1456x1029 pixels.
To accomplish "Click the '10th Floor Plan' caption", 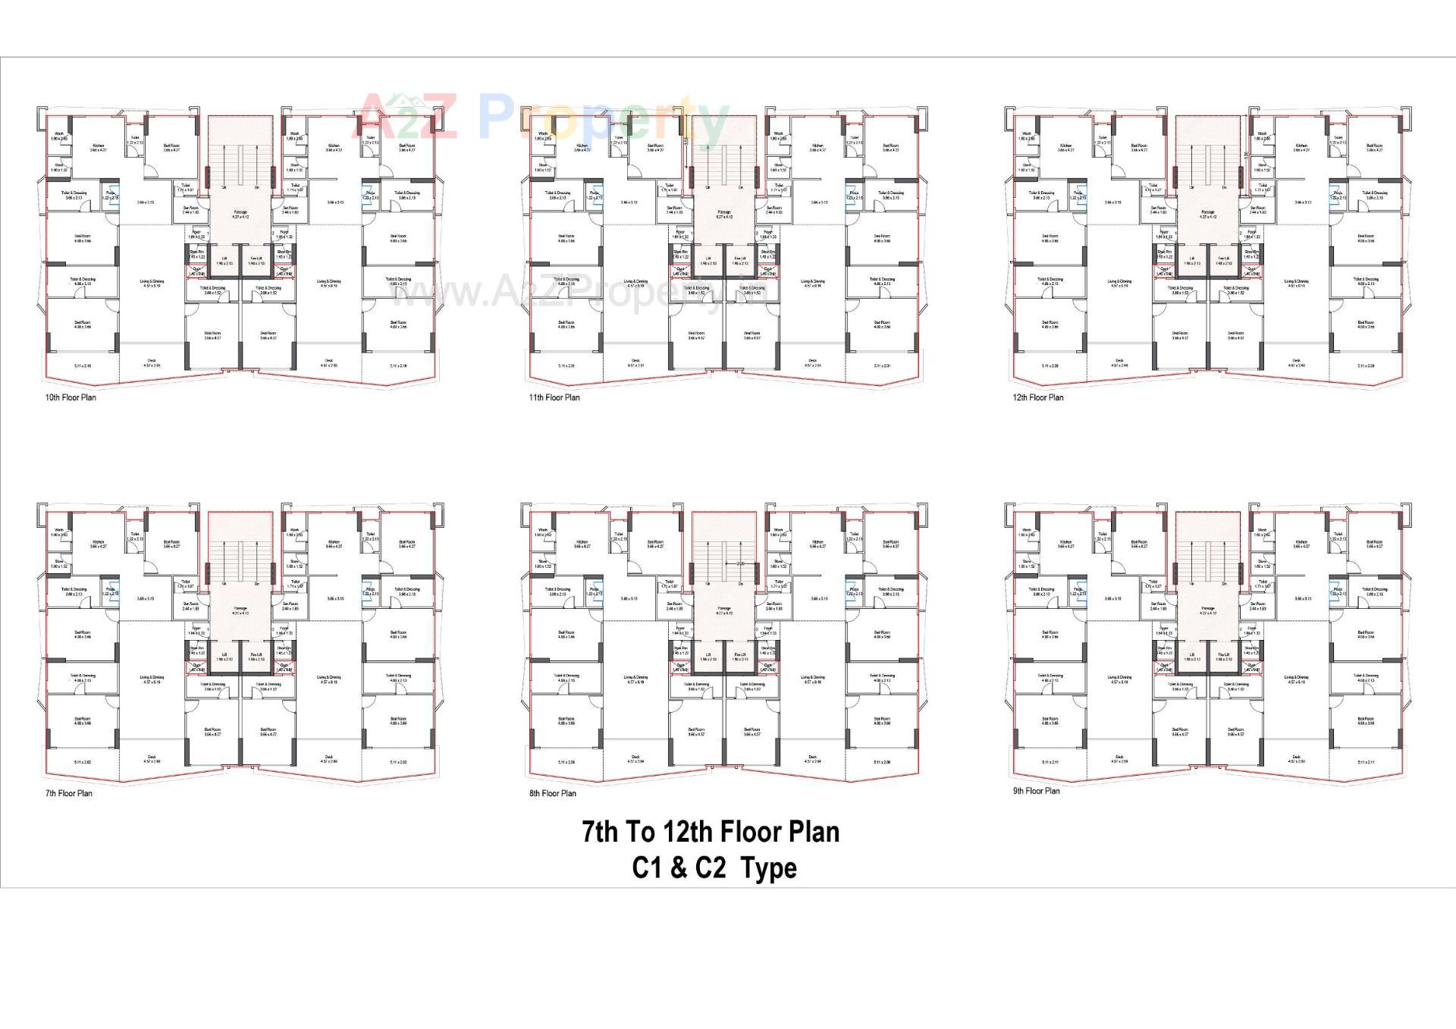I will coord(71,397).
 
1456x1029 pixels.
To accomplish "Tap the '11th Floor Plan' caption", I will coord(554,397).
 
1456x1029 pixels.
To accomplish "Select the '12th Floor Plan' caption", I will coord(1038,397).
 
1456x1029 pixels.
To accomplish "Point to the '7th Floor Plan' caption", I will coord(68,793).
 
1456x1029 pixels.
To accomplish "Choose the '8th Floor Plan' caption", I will coord(553,793).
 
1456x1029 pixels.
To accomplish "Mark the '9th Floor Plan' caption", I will coord(1037,791).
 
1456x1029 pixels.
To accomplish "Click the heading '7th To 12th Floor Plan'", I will coord(711,832).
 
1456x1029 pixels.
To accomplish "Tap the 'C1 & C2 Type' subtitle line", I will coord(714,867).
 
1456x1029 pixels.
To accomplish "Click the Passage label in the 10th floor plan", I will coord(240,213).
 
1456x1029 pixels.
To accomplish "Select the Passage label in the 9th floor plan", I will coord(1208,609).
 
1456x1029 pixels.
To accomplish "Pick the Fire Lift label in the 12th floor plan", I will coord(1224,259).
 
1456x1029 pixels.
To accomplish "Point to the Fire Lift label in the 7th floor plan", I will coord(256,655).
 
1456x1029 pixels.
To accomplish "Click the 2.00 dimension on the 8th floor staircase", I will coord(741,563).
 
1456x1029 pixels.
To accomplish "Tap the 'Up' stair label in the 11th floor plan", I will coord(708,187).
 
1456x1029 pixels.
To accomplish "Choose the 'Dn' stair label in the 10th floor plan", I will coord(257,187).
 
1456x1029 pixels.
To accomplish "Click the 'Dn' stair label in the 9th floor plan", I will coord(1225,583).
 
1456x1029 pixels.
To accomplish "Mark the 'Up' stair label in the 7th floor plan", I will coord(224,583).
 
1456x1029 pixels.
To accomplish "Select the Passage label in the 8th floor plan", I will coord(724,609).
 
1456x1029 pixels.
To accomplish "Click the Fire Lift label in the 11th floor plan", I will coord(740,259).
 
